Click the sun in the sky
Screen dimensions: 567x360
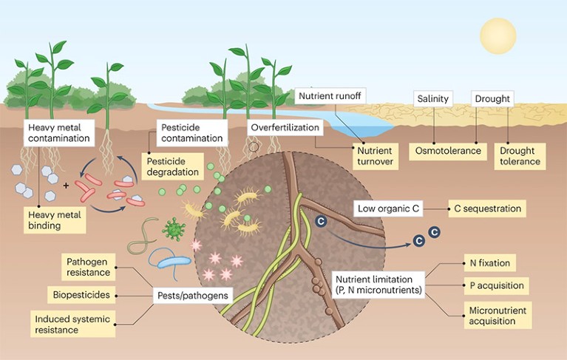(498, 35)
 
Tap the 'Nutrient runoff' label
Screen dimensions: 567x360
(330, 96)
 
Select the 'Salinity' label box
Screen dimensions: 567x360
(433, 98)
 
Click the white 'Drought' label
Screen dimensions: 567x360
(492, 98)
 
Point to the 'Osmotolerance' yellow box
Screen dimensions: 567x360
(448, 151)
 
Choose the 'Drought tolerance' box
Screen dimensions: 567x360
(520, 156)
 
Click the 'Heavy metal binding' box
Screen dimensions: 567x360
(55, 220)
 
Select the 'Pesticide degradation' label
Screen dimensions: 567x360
(172, 166)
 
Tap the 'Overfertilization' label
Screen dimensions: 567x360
(285, 128)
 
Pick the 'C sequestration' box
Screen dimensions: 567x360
(487, 208)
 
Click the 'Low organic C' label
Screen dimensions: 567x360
(388, 208)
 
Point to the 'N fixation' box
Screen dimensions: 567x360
(489, 263)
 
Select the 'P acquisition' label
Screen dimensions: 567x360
(497, 286)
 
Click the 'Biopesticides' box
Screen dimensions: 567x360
(81, 295)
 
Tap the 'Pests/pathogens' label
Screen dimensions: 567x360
(193, 296)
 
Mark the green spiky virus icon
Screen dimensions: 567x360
(174, 229)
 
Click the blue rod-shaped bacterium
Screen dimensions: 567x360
(174, 262)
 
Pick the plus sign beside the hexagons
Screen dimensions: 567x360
(66, 186)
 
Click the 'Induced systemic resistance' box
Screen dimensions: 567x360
(72, 324)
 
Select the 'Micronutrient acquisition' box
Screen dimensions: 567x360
(498, 315)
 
